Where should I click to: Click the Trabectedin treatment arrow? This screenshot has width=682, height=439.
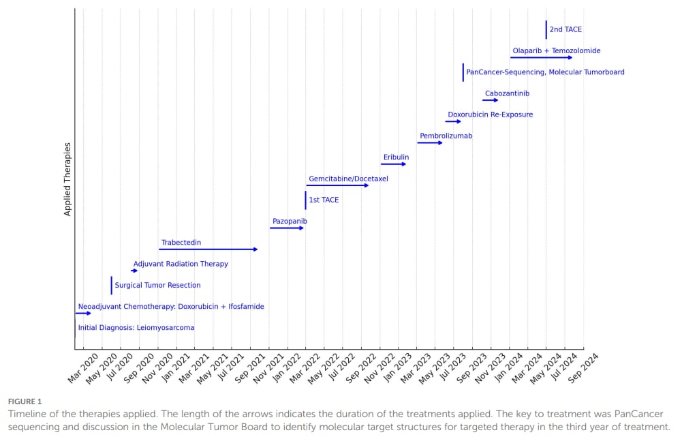[x=208, y=249]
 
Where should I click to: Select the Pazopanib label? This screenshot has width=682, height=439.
[x=290, y=222]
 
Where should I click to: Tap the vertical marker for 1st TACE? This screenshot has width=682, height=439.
[x=306, y=200]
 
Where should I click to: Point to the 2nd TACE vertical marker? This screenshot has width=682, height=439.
[x=546, y=30]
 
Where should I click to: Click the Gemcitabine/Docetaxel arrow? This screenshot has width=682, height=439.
[x=337, y=185]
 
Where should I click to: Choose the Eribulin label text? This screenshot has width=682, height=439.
[x=396, y=157]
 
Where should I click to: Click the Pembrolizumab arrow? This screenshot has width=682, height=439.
[x=430, y=143]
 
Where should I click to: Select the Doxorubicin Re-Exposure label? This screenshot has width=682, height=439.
[x=490, y=115]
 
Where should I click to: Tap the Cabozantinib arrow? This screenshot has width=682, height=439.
[x=491, y=100]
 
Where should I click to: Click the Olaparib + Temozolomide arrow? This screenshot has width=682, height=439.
[x=542, y=58]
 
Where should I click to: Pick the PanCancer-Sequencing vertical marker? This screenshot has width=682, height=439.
[x=463, y=72]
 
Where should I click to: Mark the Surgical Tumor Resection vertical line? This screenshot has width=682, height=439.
[x=112, y=285]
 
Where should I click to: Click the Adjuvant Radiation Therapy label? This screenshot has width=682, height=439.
[x=181, y=264]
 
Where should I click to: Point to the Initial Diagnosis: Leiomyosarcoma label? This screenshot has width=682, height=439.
[x=136, y=328]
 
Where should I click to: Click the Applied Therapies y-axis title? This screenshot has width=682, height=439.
[x=67, y=179]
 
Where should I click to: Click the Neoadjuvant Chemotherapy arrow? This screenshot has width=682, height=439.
[x=82, y=314]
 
